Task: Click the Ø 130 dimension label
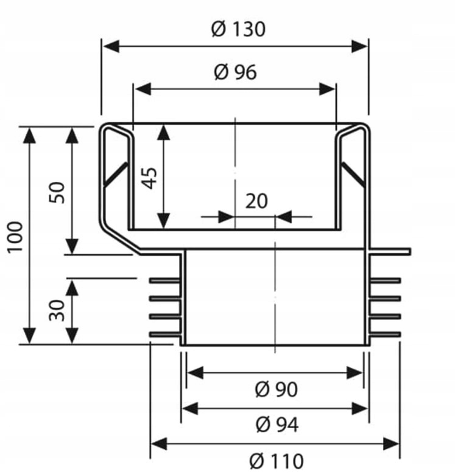pyautogui.click(x=238, y=29)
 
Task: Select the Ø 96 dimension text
pyautogui.click(x=235, y=72)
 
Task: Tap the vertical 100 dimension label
pyautogui.click(x=15, y=237)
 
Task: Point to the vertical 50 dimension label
pyautogui.click(x=57, y=192)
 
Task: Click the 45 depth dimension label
pyautogui.click(x=150, y=178)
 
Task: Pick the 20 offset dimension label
pyautogui.click(x=256, y=201)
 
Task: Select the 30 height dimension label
pyautogui.click(x=57, y=310)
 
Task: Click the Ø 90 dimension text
pyautogui.click(x=277, y=389)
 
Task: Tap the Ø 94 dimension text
pyautogui.click(x=277, y=424)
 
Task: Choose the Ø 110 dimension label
pyautogui.click(x=277, y=461)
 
